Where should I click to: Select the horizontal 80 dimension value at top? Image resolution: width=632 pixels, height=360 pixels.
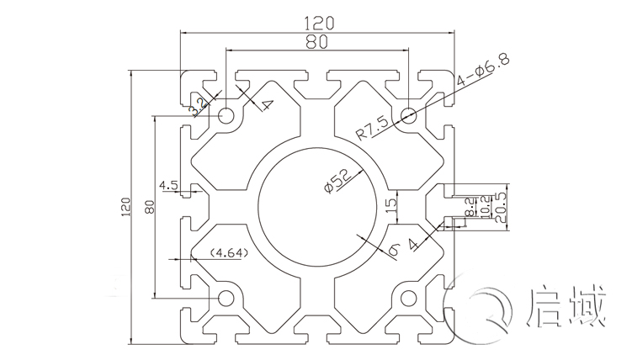[316, 40]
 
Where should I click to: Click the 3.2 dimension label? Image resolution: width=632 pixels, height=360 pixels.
[199, 106]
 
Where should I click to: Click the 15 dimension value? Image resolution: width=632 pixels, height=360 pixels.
[390, 205]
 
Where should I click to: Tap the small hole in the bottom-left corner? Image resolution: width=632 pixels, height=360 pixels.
[226, 298]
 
